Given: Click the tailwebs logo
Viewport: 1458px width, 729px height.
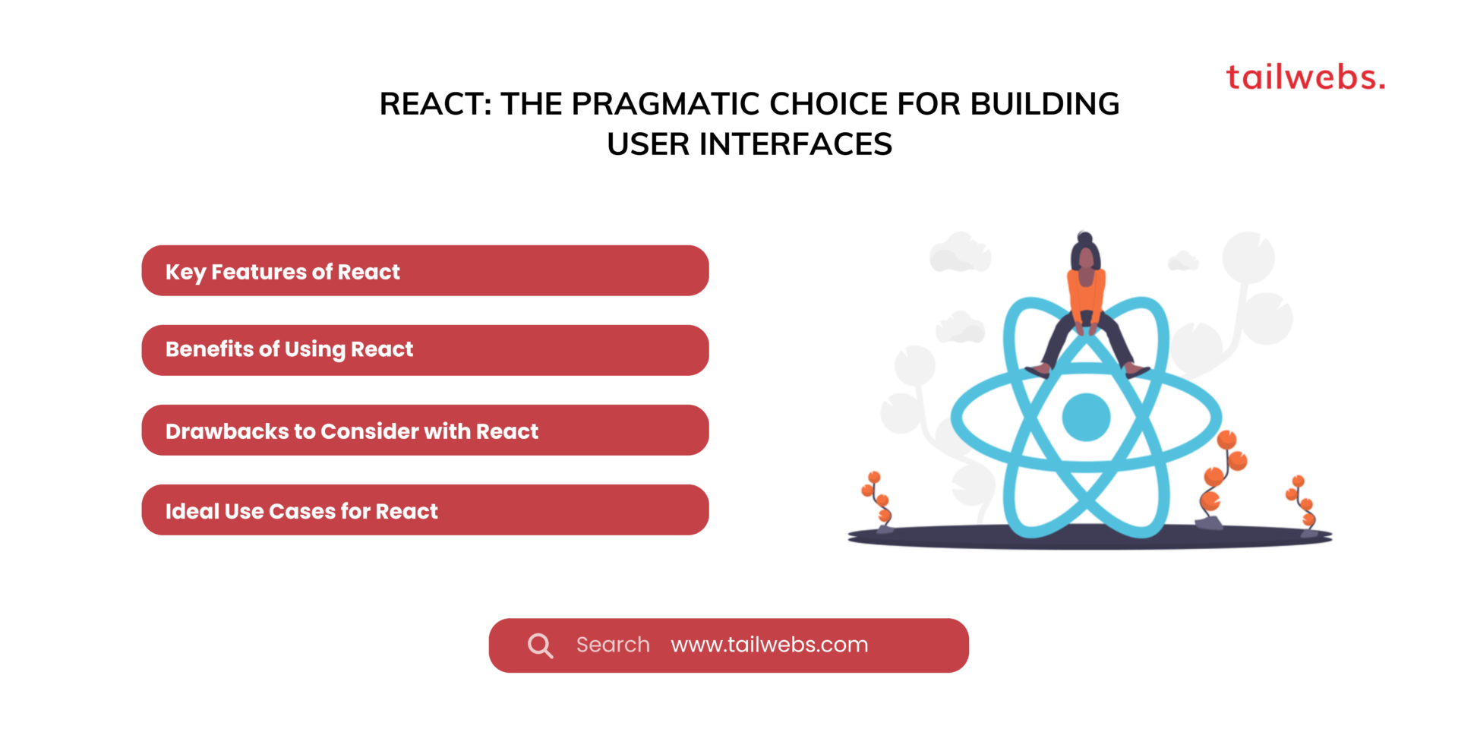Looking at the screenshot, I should (x=1305, y=77).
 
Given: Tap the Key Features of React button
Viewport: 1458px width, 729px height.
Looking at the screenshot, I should (x=424, y=270).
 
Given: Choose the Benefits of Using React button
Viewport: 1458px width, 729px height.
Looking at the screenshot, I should (x=424, y=350).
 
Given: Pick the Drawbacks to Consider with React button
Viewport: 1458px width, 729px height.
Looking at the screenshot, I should (x=424, y=430).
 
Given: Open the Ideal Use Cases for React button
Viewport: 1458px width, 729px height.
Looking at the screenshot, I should (x=424, y=510).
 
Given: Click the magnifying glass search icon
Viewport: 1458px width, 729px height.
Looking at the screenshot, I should (x=540, y=645).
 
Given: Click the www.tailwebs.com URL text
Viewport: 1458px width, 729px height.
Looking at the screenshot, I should (x=768, y=645).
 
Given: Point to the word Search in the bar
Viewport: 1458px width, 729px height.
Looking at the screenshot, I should (x=613, y=645).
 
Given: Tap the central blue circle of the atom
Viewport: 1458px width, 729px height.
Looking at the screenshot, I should (x=1086, y=417).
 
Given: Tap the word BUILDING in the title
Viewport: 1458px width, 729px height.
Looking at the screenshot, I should (x=1045, y=104).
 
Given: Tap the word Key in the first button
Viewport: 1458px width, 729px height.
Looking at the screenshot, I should (x=185, y=272).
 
